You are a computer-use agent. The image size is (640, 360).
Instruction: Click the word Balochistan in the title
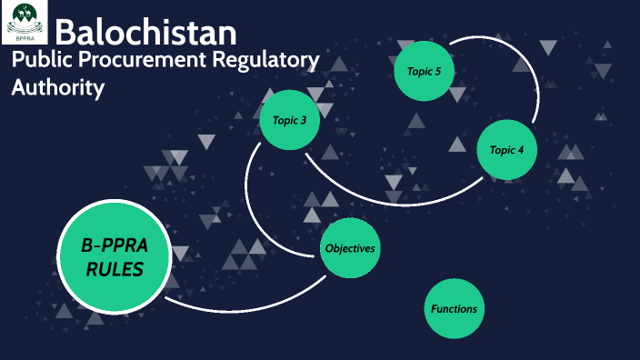point(145,33)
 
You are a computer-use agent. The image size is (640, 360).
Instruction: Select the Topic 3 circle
point(290,119)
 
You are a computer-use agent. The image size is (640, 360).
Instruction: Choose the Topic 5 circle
point(424,70)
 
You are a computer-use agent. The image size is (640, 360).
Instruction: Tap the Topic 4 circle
point(506,149)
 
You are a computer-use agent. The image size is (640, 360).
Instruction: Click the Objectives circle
point(350,248)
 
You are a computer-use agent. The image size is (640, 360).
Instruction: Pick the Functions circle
point(454,308)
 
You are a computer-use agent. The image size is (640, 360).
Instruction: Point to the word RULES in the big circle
point(115,268)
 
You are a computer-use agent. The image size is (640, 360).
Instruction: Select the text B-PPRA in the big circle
point(115,244)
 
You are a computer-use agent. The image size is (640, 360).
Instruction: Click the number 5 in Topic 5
point(442,70)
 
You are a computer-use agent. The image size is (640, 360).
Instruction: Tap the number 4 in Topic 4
point(521,150)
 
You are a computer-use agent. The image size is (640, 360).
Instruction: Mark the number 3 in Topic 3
point(304,120)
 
